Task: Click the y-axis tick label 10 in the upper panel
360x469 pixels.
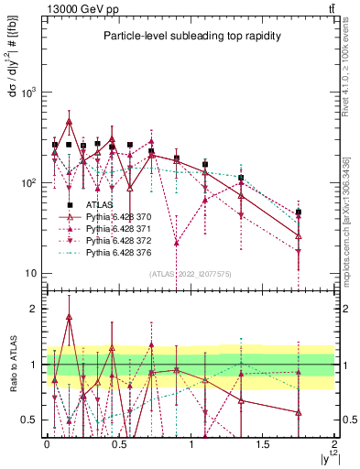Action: [x=29, y=273]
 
